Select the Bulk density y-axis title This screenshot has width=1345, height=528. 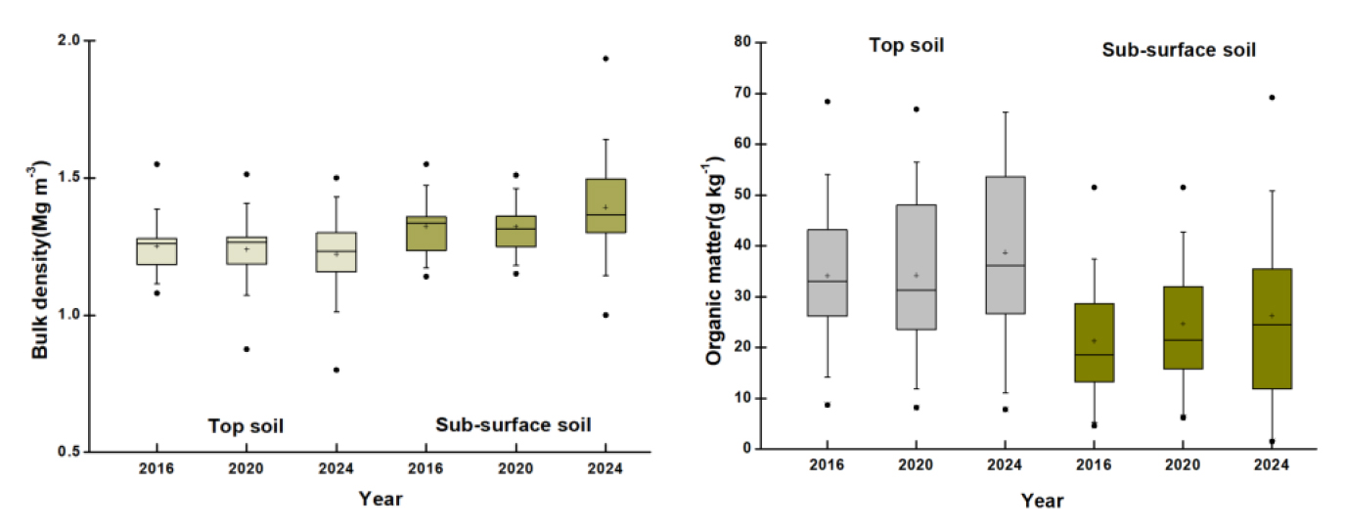40,246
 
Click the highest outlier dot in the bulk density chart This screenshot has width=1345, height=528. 605,59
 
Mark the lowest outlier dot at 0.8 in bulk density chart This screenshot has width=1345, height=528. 336,370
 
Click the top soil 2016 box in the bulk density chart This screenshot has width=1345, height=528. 157,251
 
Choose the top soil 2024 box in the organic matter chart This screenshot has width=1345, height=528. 1006,245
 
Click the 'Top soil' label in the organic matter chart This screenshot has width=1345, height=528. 907,45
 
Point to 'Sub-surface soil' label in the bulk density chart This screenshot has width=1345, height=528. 514,424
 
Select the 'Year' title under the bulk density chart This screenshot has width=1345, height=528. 380,499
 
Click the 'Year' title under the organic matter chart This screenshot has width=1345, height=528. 1042,501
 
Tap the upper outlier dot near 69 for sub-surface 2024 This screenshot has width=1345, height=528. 1272,97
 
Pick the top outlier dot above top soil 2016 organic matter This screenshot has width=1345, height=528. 827,102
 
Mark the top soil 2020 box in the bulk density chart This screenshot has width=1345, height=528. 247,250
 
